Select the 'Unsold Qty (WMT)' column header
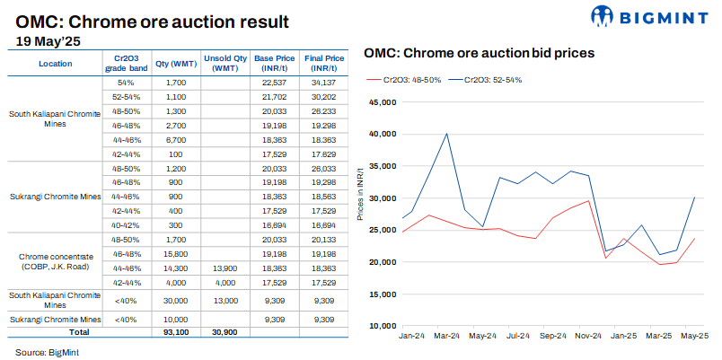coord(226,63)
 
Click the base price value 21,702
coord(275,96)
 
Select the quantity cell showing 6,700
coord(176,140)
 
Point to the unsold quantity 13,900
coord(226,268)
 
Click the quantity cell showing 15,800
coord(176,254)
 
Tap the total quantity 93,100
coord(176,332)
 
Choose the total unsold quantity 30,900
coord(226,332)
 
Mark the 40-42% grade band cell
coord(126,225)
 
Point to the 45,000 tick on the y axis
coord(382,102)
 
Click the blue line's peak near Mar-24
coord(446,134)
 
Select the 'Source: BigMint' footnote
coord(48,352)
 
